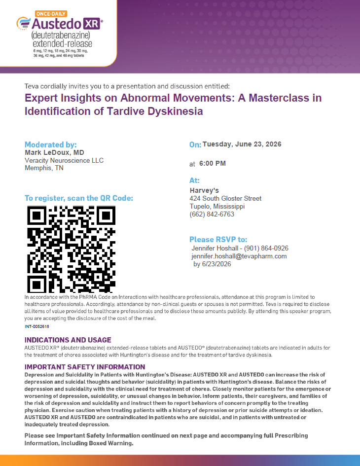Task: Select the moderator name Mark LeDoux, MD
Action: click(x=54, y=153)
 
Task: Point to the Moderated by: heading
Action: click(x=51, y=144)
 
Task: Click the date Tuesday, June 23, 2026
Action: click(x=242, y=144)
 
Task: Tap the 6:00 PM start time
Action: click(x=213, y=163)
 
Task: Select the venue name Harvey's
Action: click(x=204, y=190)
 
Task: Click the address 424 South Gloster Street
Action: click(x=225, y=198)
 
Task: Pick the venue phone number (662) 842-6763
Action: click(x=212, y=214)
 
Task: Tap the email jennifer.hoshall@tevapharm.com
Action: click(x=239, y=256)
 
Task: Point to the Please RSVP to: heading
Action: click(x=218, y=239)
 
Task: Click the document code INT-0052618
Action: click(x=37, y=326)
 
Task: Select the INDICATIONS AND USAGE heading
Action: click(x=68, y=340)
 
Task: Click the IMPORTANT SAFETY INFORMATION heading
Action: click(x=85, y=367)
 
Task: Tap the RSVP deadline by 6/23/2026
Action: click(x=212, y=264)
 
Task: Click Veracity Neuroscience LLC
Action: click(x=64, y=160)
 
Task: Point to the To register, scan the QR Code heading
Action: click(x=79, y=198)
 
